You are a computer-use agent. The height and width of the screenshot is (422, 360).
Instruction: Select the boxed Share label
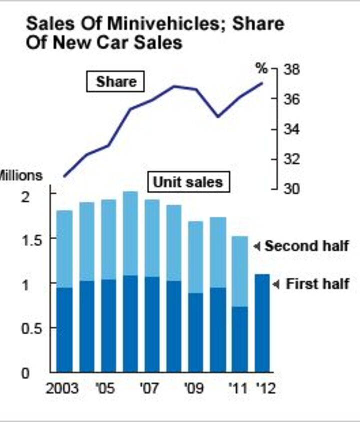click(x=115, y=81)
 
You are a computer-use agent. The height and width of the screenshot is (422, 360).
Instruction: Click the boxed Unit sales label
click(x=187, y=182)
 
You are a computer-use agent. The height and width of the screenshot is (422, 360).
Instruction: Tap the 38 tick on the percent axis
click(x=291, y=69)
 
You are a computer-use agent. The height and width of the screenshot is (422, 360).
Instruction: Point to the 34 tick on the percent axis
click(x=291, y=129)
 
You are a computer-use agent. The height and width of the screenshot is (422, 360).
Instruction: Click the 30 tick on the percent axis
click(x=291, y=189)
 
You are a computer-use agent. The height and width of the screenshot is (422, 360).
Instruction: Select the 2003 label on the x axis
click(x=62, y=389)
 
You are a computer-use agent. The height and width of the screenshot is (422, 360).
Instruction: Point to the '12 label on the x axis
click(x=265, y=389)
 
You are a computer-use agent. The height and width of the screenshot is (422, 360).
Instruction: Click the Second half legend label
click(x=306, y=246)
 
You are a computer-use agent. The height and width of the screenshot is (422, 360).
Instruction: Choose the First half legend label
click(x=317, y=284)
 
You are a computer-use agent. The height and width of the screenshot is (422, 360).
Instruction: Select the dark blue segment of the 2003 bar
click(x=64, y=330)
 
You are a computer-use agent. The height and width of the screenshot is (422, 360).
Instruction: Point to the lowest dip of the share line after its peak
click(x=217, y=116)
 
